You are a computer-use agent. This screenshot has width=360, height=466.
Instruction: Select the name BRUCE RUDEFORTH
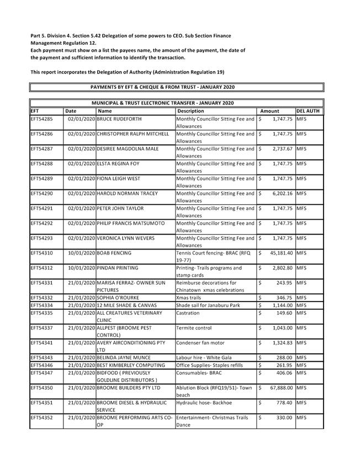119,119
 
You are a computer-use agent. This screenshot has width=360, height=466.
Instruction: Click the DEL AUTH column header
308,111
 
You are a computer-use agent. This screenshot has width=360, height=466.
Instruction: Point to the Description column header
190,111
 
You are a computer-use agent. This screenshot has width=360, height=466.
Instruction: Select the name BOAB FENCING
114,253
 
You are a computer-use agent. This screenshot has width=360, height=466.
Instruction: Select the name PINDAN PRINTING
118,268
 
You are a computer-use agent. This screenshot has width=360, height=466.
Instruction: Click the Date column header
71,111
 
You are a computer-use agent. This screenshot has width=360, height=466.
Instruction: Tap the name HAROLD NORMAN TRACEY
127,193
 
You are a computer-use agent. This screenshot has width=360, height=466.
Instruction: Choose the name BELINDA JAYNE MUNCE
124,358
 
